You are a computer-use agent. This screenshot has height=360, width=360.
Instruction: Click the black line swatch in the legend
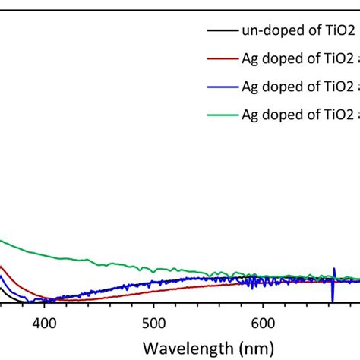tap(219, 31)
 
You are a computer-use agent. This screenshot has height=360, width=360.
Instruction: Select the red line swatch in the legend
tap(219, 59)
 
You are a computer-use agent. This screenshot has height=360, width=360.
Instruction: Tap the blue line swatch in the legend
tap(219, 87)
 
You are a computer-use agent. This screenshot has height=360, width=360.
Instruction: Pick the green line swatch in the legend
tap(219, 115)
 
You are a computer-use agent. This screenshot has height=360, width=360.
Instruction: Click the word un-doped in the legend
tap(270, 31)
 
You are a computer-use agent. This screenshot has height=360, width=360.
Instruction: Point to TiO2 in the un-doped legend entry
tap(334, 31)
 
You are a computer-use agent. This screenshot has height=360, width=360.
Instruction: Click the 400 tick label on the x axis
tap(45, 322)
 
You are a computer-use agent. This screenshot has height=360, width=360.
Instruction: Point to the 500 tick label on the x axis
tap(154, 322)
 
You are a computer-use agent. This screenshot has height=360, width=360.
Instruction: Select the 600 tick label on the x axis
tap(263, 322)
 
